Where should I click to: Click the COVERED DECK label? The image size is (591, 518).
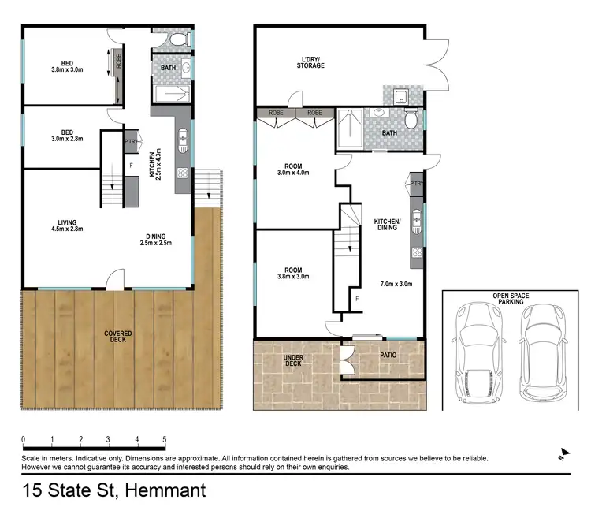point(118,337)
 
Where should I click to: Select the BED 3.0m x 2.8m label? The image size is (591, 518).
point(65,137)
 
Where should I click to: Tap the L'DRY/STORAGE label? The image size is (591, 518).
point(310,61)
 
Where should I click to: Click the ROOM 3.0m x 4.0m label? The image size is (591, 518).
point(294,169)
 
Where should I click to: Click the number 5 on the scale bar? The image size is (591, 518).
point(165,438)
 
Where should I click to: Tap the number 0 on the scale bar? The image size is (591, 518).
point(24,438)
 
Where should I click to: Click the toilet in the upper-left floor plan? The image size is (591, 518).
point(178,38)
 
